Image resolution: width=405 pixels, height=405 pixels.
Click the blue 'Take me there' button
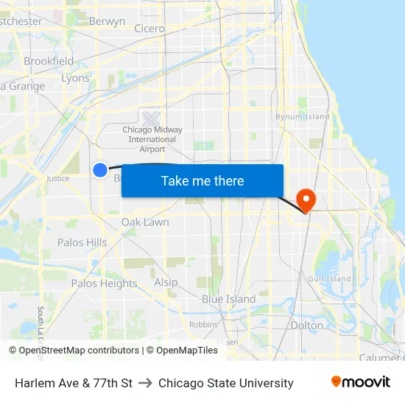tap(202, 180)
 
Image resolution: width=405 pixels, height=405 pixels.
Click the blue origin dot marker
tap(100, 170)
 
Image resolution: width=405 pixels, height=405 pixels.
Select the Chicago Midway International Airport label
tap(152, 138)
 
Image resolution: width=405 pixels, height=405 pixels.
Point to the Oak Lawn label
tap(145, 222)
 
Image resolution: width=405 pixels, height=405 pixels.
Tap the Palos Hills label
tap(82, 242)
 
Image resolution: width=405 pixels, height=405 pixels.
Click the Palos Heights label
tap(104, 283)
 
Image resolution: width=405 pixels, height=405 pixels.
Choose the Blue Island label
tap(229, 299)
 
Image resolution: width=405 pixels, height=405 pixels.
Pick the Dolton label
tap(307, 325)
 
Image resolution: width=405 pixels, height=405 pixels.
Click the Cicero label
tap(149, 29)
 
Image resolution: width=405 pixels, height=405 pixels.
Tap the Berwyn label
tap(107, 21)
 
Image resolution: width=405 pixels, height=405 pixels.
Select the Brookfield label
tap(49, 61)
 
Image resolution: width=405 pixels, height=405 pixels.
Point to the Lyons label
tap(75, 78)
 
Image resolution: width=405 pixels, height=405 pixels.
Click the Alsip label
tap(166, 282)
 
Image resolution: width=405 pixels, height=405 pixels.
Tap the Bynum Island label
tap(303, 116)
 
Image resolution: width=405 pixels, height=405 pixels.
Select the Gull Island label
tap(329, 278)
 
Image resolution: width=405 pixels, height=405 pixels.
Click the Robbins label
tap(203, 324)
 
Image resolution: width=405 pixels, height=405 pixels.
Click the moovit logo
tap(360, 382)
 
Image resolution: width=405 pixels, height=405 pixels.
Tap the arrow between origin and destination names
tap(145, 383)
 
